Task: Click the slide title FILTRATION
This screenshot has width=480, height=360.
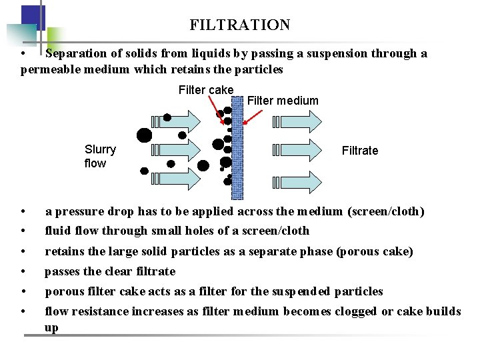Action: pyautogui.click(x=240, y=25)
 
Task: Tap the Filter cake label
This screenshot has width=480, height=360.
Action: pyautogui.click(x=206, y=90)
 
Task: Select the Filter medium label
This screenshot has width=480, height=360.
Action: pyautogui.click(x=283, y=101)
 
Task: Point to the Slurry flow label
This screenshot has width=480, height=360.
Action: pyautogui.click(x=100, y=157)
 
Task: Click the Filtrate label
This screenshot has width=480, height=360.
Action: pyautogui.click(x=360, y=151)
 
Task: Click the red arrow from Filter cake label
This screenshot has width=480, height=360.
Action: pyautogui.click(x=216, y=111)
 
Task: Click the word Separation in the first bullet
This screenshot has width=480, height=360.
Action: pyautogui.click(x=77, y=53)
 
